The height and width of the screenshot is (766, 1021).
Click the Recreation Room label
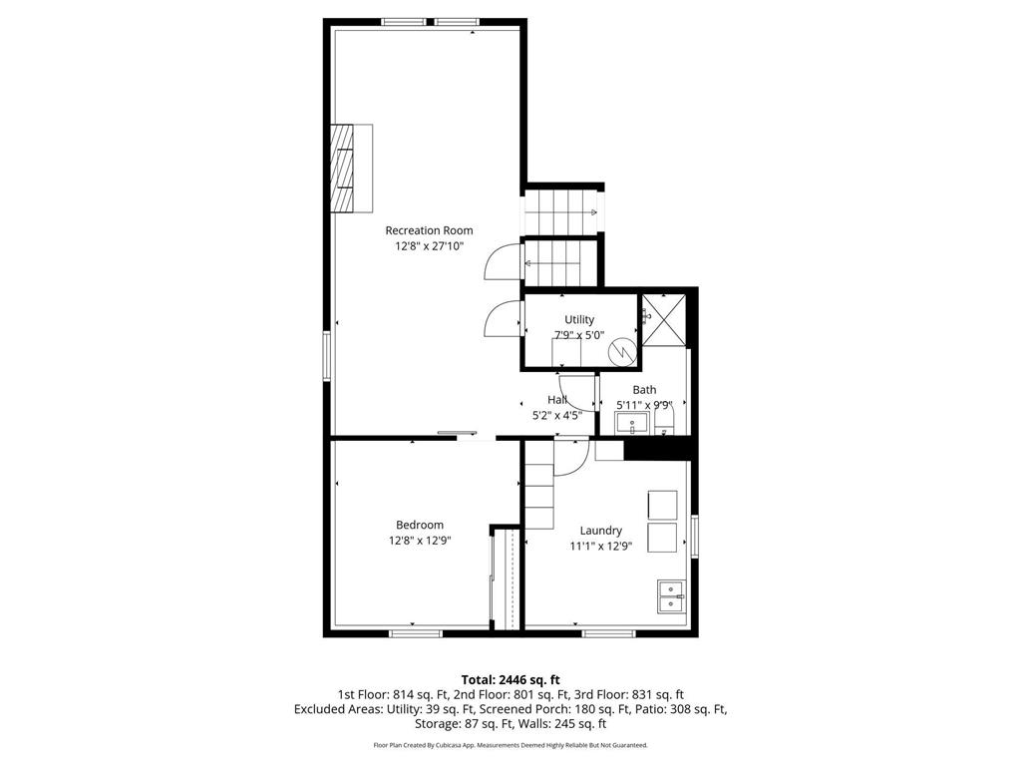[429, 230]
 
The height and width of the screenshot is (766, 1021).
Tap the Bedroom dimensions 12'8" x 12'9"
[420, 541]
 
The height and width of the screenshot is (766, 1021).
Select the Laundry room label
[601, 531]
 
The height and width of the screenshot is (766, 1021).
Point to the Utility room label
[579, 319]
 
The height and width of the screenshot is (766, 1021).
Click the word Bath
[644, 390]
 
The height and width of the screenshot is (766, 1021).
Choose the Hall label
[557, 400]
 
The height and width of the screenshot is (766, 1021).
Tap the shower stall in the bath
[662, 319]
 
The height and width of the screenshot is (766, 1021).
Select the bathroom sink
[630, 425]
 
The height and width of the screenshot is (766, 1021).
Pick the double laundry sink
[670, 595]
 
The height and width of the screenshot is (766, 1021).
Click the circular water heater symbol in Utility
[620, 351]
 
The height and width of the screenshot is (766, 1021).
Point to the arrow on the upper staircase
[593, 212]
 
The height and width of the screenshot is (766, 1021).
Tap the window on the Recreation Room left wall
[326, 356]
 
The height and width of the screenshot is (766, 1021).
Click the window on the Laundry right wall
[694, 536]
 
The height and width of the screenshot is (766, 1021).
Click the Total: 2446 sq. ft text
[510, 679]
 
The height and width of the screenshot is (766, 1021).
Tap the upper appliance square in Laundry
[662, 504]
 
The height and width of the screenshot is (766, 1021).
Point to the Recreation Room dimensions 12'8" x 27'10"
[429, 245]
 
